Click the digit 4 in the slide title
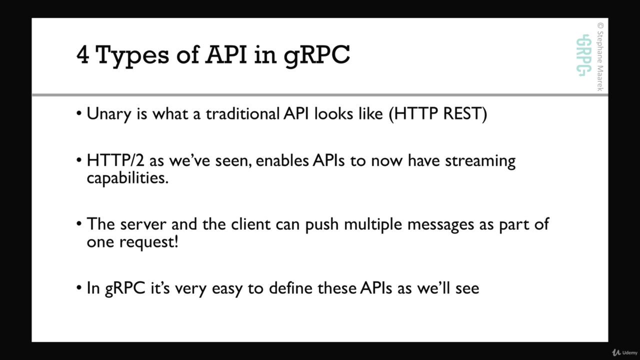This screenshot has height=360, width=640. pos(82,54)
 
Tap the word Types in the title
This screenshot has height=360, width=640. pos(132,56)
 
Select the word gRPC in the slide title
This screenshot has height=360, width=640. pos(317,56)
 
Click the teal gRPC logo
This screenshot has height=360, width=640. pos(583,55)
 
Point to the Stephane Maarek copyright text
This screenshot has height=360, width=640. pos(600,56)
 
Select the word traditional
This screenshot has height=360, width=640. pos(242,113)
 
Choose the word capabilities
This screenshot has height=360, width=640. pos(127,178)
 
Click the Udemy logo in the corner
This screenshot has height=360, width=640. pos(624,352)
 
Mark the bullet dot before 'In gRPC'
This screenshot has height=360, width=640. pos(79,287)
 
